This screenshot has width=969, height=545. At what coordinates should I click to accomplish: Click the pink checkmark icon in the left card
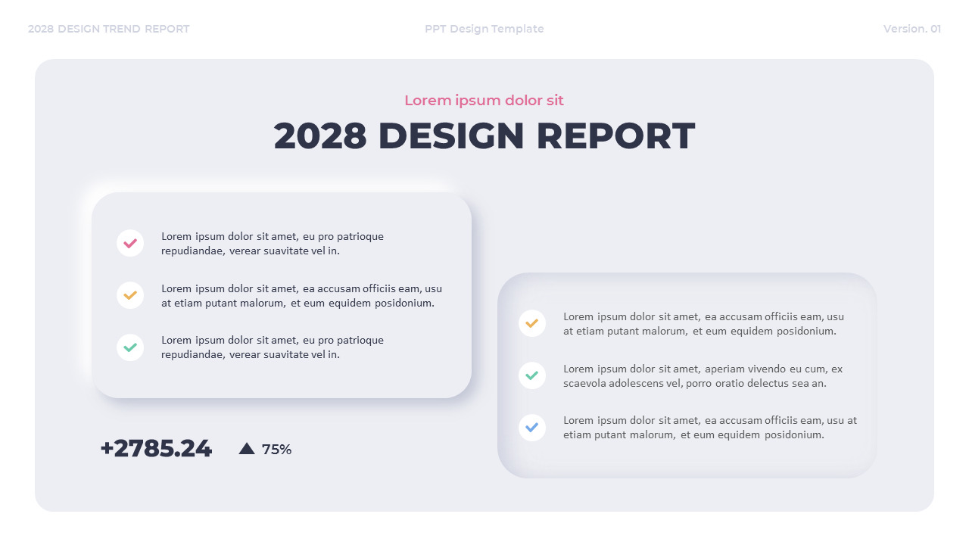point(130,243)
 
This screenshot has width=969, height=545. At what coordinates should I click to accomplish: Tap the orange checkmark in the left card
point(130,295)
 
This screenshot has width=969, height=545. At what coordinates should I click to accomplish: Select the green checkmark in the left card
point(130,347)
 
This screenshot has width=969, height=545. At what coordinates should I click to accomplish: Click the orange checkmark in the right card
point(532,323)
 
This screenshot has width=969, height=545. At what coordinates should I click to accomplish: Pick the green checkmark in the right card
point(532,375)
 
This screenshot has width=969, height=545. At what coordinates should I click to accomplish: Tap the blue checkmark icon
point(532,428)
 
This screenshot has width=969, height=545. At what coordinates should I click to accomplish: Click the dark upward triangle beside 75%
point(247,449)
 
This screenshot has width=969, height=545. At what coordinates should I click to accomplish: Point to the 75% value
point(276,450)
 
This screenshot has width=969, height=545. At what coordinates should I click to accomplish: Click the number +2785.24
point(156,448)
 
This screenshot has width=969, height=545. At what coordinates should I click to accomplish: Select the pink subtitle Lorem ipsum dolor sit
point(484,101)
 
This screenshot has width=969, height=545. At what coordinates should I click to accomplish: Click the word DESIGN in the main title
point(450,136)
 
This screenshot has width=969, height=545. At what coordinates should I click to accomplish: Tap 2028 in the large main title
point(319,136)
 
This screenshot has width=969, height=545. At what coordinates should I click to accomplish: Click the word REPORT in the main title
point(615,136)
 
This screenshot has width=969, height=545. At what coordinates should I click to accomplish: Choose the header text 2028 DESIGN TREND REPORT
point(109,29)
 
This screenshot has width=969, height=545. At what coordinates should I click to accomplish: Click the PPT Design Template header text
point(484,29)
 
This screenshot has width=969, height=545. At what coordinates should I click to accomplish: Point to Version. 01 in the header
point(912,29)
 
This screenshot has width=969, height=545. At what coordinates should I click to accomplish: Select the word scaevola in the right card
point(585,384)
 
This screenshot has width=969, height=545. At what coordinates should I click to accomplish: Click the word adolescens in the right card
point(637,384)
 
